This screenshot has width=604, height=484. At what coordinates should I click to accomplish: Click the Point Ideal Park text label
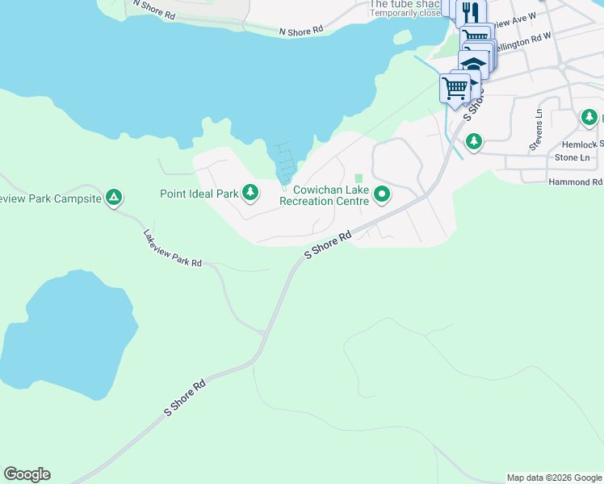(x=199, y=194)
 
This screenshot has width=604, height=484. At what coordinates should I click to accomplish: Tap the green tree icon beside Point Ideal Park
(x=251, y=192)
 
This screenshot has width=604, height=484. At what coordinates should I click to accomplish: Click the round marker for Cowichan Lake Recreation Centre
(x=383, y=194)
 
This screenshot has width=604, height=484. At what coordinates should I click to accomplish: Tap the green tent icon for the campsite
(x=115, y=197)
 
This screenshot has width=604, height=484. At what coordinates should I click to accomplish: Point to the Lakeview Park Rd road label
(x=173, y=249)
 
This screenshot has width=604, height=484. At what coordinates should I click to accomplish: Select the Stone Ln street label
(x=572, y=158)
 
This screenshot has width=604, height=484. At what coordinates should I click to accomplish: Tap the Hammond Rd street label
(x=575, y=182)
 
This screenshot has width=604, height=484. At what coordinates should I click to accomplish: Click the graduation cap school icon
(x=475, y=65)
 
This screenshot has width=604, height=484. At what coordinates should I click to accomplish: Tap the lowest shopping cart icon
(x=455, y=87)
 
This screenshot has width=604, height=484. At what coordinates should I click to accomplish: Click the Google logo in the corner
(x=27, y=474)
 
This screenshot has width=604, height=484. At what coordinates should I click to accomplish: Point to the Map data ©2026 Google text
(x=554, y=478)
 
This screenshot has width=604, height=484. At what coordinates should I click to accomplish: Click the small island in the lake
(x=401, y=37)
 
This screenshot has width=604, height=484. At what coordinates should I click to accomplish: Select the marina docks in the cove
(x=283, y=165)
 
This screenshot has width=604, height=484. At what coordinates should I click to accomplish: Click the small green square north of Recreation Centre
(x=359, y=178)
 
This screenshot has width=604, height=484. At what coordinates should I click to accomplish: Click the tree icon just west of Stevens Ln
(x=474, y=142)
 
